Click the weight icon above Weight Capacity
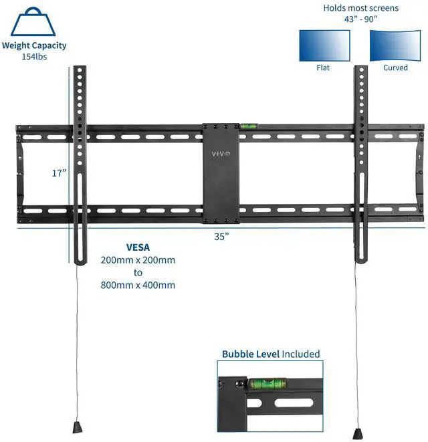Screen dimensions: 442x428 coord(33,21)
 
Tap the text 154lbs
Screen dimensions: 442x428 coord(33,57)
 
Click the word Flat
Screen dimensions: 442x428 coord(323,68)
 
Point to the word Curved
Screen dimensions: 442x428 coord(395,68)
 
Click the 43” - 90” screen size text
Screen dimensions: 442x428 coord(360,19)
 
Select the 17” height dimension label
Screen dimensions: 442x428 coord(60,173)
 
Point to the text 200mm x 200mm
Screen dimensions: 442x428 coord(138,259)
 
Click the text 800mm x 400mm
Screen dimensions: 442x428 coord(138,285)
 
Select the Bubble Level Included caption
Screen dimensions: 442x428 coord(271,354)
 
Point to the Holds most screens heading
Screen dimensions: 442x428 coord(360,8)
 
